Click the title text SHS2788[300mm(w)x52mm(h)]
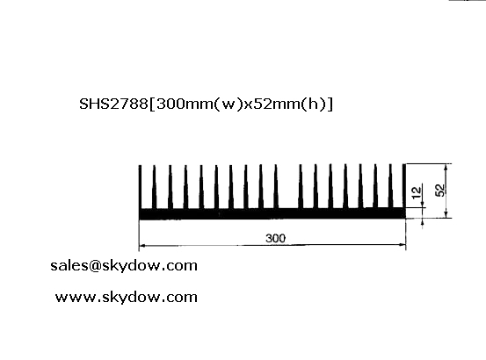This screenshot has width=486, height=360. tap(207, 104)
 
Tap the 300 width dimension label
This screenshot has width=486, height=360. tap(276, 238)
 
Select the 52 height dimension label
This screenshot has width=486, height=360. tap(439, 190)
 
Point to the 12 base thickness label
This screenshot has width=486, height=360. tap(417, 192)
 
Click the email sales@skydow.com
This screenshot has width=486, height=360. tap(124, 266)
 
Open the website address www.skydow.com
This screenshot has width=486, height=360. tap(127, 298)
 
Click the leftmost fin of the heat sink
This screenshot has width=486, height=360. tap(140, 187)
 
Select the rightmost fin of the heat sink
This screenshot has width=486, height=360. tap(404, 186)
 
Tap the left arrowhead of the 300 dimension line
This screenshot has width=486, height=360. tap(142, 246)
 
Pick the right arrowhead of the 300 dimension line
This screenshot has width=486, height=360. tap(403, 245)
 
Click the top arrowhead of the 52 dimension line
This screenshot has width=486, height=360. tap(446, 167)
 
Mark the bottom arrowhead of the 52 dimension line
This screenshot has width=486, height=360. tap(446, 214)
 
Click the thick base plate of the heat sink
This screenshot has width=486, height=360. tap(272, 213)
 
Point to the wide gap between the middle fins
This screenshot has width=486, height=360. tap(288, 186)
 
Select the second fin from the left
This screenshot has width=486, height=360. tap(154, 187)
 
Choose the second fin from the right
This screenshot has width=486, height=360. tap(390, 186)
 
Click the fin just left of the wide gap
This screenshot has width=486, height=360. tap(276, 186)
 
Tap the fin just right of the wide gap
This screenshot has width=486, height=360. tap(301, 186)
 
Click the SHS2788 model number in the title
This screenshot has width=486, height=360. tap(113, 104)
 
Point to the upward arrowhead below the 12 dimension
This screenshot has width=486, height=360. tap(423, 222)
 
